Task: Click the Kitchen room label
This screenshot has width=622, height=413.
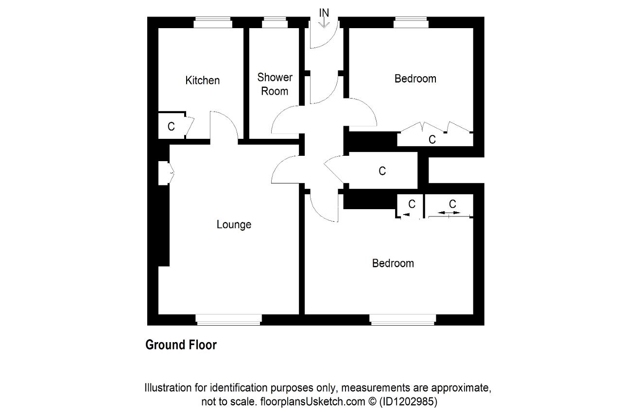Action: coord(203,81)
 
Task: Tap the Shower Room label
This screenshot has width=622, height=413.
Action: coord(275,84)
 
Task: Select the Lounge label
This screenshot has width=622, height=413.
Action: coord(234,224)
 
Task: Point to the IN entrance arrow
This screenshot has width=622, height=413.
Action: coord(324,23)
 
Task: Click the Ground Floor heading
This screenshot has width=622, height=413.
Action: coord(181,345)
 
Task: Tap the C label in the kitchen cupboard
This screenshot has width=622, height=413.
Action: coord(171,127)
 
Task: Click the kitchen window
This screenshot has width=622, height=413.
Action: coord(213,22)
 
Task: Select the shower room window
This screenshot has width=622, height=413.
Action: coord(275,22)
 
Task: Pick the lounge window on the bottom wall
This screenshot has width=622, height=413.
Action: coord(228,320)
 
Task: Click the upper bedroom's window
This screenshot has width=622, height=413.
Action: coord(411,22)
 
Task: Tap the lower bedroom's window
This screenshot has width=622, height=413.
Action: coord(403,320)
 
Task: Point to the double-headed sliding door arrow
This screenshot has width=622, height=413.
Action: coord(449,213)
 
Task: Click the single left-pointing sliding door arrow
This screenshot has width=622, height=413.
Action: coord(406,215)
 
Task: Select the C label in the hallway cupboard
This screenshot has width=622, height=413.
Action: coord(382,171)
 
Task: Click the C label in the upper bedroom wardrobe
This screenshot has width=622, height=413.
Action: coord(432,139)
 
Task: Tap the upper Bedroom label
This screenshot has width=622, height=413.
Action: coord(415,79)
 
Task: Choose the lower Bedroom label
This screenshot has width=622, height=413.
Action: coord(393,263)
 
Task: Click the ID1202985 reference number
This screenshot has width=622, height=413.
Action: coord(408,401)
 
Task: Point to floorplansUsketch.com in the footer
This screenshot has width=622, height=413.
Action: coord(312,401)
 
